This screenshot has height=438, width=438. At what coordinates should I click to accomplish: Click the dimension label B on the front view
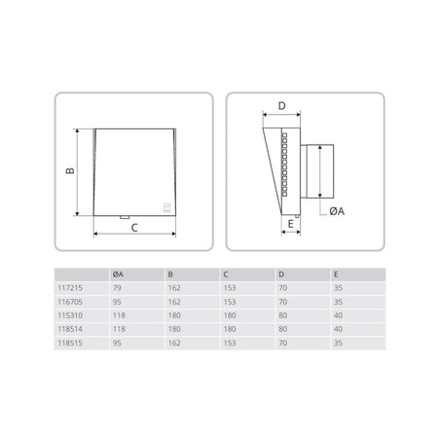[70, 170]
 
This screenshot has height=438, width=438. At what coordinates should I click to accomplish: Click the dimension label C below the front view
[134, 228]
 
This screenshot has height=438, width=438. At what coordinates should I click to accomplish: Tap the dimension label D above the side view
[281, 106]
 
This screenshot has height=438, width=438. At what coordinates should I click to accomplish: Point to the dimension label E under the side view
[290, 224]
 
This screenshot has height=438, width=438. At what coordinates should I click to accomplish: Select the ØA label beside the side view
[337, 211]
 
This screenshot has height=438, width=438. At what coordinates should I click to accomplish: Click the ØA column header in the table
[118, 274]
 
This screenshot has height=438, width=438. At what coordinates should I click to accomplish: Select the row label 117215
[70, 288]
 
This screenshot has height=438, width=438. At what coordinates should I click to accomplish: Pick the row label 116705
[70, 302]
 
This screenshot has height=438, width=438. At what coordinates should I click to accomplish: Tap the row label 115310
[70, 315]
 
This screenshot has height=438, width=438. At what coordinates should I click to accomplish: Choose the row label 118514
[70, 329]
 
